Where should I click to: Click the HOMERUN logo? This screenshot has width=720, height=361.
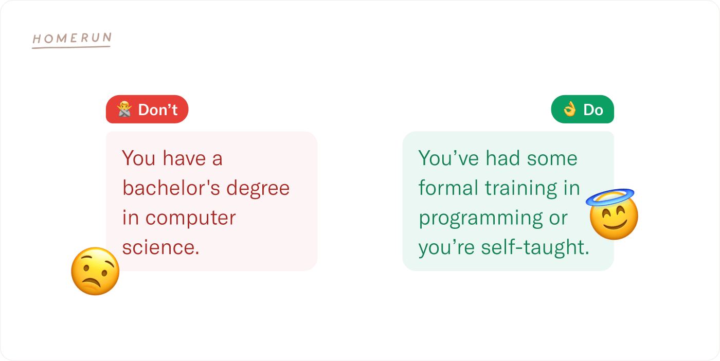(x=72, y=40)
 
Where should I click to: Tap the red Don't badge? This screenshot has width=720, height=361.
(x=147, y=110)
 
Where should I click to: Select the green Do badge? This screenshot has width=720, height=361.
(x=582, y=110)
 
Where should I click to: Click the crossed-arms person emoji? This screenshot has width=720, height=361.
(x=124, y=109)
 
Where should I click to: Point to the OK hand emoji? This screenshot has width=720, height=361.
(x=570, y=110)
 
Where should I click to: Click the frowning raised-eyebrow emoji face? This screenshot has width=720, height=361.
(x=95, y=272)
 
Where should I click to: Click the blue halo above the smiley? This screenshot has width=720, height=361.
(x=610, y=197)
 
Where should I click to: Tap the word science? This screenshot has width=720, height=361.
(x=160, y=247)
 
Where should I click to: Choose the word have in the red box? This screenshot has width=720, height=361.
(x=184, y=158)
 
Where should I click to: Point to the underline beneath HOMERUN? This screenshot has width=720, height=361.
(x=71, y=48)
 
